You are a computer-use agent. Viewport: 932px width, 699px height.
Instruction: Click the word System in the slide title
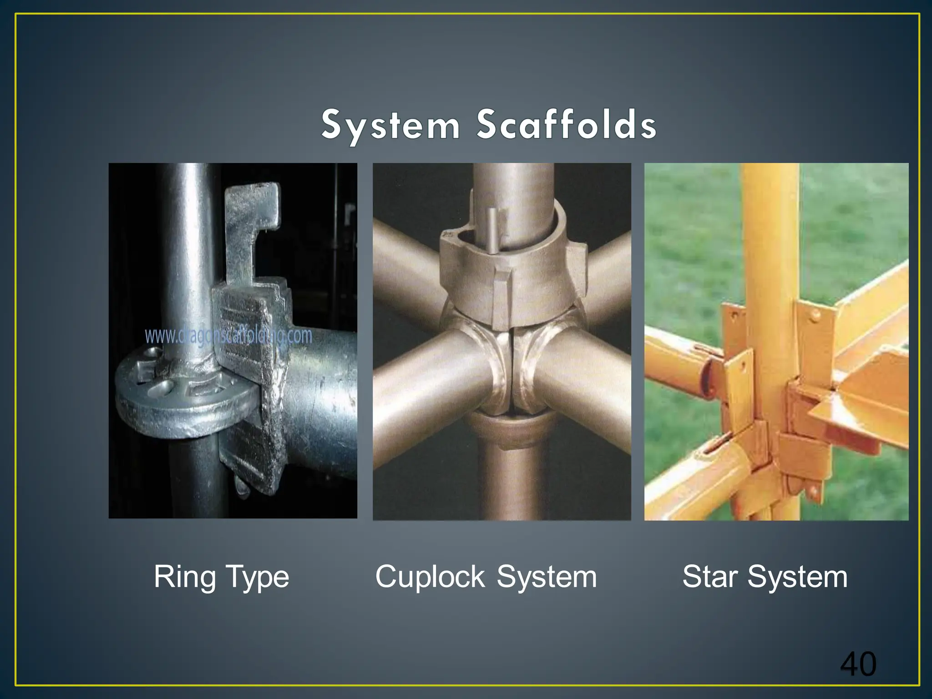click(x=390, y=125)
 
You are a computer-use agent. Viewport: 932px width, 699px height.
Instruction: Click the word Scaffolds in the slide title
click(x=566, y=125)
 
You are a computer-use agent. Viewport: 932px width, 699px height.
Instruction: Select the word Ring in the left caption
click(x=184, y=577)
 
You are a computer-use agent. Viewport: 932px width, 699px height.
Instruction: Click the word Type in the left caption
click(x=257, y=577)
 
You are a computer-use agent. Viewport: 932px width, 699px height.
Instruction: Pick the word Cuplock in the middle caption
click(x=430, y=577)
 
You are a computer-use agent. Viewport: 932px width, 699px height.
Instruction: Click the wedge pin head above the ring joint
click(x=253, y=205)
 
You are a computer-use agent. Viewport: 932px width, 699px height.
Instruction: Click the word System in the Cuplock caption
click(x=547, y=577)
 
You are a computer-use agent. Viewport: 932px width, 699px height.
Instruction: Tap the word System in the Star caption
click(x=797, y=577)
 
